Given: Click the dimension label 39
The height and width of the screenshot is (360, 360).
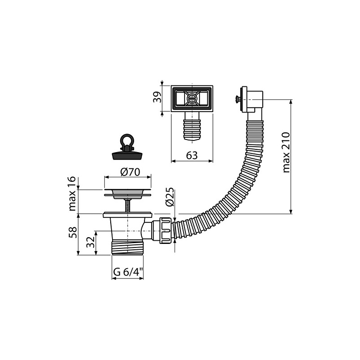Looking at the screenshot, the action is pyautogui.click(x=158, y=97).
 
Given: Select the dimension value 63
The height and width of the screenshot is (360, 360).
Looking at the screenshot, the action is pyautogui.click(x=192, y=156).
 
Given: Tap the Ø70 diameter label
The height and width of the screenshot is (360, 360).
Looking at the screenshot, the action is pyautogui.click(x=130, y=172).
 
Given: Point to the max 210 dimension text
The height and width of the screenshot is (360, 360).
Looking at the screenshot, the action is pyautogui.click(x=287, y=153).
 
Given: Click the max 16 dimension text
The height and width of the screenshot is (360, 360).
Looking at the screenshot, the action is pyautogui.click(x=72, y=193).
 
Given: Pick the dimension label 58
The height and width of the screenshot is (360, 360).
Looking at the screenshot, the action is pyautogui.click(x=72, y=232).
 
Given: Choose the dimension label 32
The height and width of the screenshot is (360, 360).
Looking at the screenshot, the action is pyautogui.click(x=90, y=242).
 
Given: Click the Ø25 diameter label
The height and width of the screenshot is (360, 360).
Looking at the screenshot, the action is pyautogui.click(x=170, y=197).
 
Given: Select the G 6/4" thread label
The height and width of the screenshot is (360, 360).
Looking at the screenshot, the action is pyautogui.click(x=128, y=272).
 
